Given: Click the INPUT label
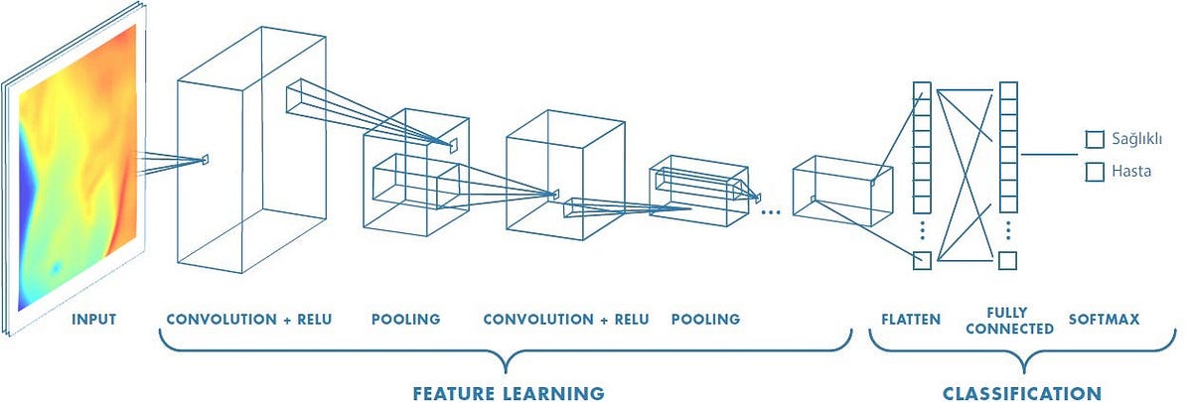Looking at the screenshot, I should click(94, 320).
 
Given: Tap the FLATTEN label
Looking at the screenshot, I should click(911, 320).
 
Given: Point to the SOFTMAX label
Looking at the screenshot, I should click(1103, 320).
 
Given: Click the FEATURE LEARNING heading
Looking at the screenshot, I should click(509, 393).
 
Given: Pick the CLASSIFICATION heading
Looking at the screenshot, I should click(1022, 393).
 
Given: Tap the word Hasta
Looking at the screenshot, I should click(1132, 171).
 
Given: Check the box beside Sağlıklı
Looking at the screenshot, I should click(1095, 140).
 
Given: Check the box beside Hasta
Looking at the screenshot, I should click(1095, 172).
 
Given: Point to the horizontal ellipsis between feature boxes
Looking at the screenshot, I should click(770, 210).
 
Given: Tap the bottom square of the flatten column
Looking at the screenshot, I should click(922, 261).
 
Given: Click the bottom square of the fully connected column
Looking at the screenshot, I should click(1008, 261).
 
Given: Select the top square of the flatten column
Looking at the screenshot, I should click(922, 90).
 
